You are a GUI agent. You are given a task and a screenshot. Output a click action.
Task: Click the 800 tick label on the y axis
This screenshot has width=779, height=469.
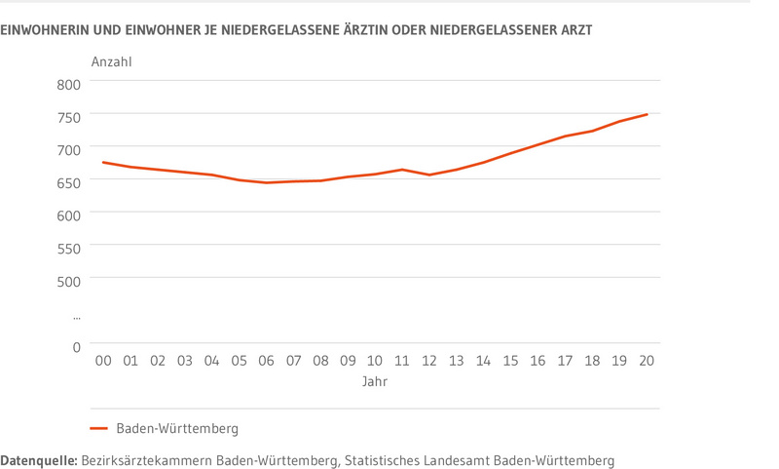tap(67, 84)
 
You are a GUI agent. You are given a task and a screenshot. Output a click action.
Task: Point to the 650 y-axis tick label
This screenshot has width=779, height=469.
tap(67, 182)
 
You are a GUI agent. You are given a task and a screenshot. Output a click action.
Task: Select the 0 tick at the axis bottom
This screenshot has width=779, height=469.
tap(76, 346)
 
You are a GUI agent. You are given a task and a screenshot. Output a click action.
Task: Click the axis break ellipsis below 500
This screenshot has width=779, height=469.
tap(76, 317)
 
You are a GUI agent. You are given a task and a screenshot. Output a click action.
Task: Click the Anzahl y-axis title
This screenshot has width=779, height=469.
tap(111, 62)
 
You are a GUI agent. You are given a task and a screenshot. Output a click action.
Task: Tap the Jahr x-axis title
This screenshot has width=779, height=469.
tap(375, 381)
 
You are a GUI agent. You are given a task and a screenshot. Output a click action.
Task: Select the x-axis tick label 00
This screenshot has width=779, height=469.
tap(103, 361)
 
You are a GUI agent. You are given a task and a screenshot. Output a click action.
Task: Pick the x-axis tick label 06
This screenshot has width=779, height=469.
tap(266, 361)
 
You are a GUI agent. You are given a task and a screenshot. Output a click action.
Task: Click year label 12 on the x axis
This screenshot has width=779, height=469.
tap(429, 361)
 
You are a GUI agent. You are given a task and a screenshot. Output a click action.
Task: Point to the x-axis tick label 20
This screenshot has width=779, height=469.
tap(647, 361)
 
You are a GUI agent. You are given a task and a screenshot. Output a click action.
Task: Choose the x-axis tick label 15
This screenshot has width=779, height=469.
tap(510, 361)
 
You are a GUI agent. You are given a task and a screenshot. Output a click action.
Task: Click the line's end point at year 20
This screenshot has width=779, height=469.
tap(647, 115)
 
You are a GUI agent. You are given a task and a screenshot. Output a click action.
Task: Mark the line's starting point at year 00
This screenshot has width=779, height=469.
tap(103, 163)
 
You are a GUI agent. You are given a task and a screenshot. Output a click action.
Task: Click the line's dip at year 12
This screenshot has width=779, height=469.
tap(429, 175)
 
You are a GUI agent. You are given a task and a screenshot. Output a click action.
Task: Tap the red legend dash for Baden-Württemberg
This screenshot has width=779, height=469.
tap(98, 428)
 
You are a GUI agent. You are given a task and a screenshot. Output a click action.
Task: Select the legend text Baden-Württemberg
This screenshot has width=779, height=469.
tap(177, 428)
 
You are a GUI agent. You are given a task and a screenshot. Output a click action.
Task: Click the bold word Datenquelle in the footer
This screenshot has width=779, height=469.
tap(38, 459)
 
